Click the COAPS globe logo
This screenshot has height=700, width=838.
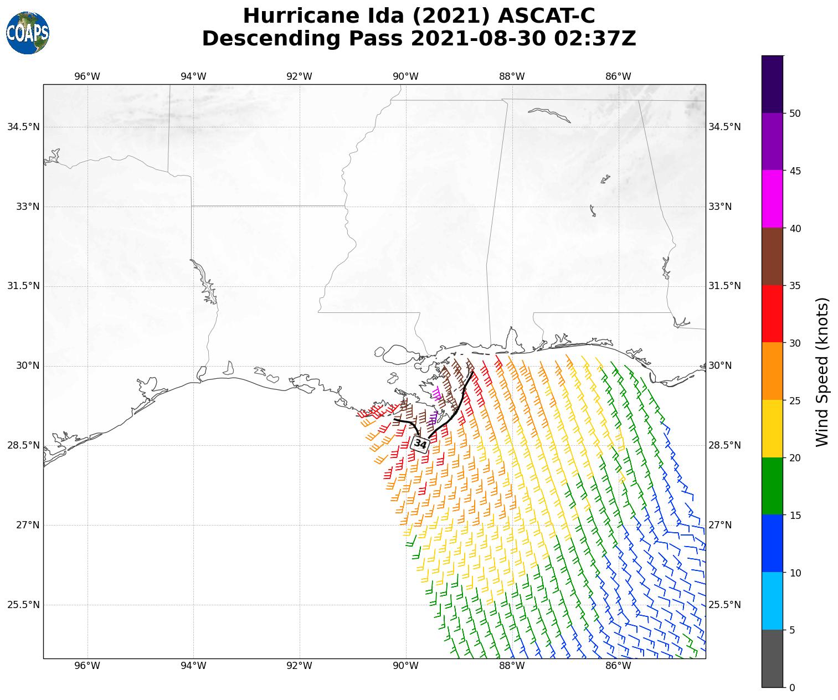coord(28,33)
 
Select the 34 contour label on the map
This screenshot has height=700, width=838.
coord(420,444)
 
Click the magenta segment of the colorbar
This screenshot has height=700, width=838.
coord(772,199)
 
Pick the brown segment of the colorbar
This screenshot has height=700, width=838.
coord(772,256)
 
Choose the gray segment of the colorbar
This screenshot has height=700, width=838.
coord(772,658)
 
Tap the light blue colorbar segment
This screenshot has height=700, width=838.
coord(772,601)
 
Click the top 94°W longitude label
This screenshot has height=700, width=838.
coord(193,76)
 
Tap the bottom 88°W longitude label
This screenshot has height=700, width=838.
coord(512,666)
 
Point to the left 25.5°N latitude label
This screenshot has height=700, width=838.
coord(24,605)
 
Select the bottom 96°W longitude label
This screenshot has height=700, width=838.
coord(88,666)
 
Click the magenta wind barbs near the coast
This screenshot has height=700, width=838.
coord(437,393)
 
